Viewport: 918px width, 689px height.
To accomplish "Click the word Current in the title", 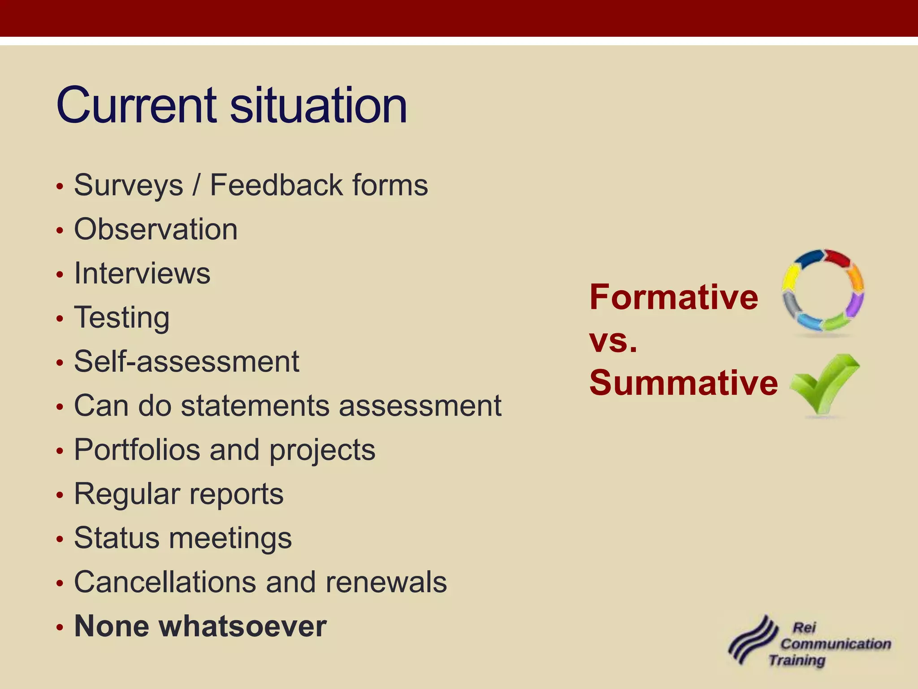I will pyautogui.click(x=137, y=105).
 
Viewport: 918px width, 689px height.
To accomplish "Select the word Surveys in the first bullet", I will pyautogui.click(x=129, y=185).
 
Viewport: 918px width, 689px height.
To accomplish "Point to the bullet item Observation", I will pyautogui.click(x=156, y=229).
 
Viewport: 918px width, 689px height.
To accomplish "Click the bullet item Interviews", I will pyautogui.click(x=142, y=273).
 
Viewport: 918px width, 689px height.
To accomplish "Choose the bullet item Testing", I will pyautogui.click(x=122, y=318).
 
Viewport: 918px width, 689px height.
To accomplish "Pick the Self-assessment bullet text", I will pyautogui.click(x=186, y=362).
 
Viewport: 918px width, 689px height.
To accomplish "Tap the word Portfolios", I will pyautogui.click(x=137, y=449).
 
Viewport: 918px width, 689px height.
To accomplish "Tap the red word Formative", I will pyautogui.click(x=673, y=297).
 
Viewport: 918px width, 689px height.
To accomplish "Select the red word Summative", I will pyautogui.click(x=684, y=383).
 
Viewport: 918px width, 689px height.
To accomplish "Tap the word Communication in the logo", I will pyautogui.click(x=836, y=644).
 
